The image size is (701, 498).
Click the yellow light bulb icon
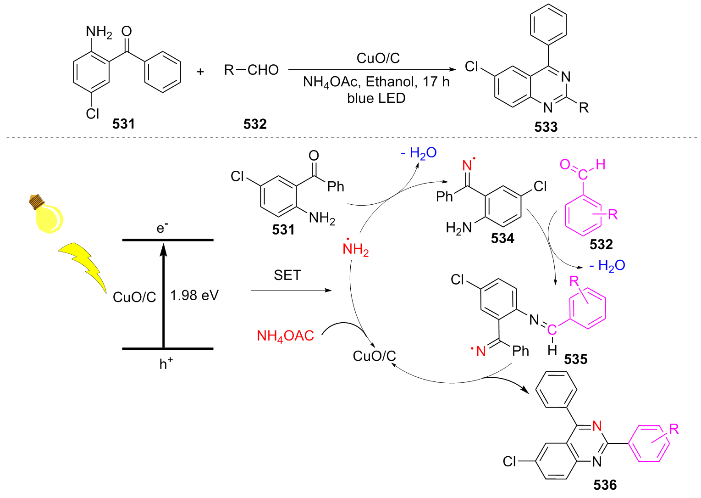[x=47, y=214]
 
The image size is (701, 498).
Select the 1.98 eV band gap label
[x=194, y=295]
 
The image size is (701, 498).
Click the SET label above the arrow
[x=287, y=275]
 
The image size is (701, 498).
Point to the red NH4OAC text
[x=285, y=336]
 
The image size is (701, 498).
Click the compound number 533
[x=546, y=127]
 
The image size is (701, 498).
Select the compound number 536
[x=605, y=485]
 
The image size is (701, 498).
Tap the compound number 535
[x=576, y=359]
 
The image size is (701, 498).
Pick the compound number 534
[x=502, y=238]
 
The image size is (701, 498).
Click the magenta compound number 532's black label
[x=601, y=244]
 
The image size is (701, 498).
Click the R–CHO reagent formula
[x=251, y=70]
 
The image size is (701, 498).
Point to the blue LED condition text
[x=376, y=98]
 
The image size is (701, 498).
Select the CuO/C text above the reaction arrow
[x=378, y=58]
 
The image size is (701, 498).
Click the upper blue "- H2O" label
[x=419, y=153]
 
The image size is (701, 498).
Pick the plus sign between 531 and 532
[x=200, y=72]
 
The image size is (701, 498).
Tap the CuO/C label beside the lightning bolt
[x=134, y=297]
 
